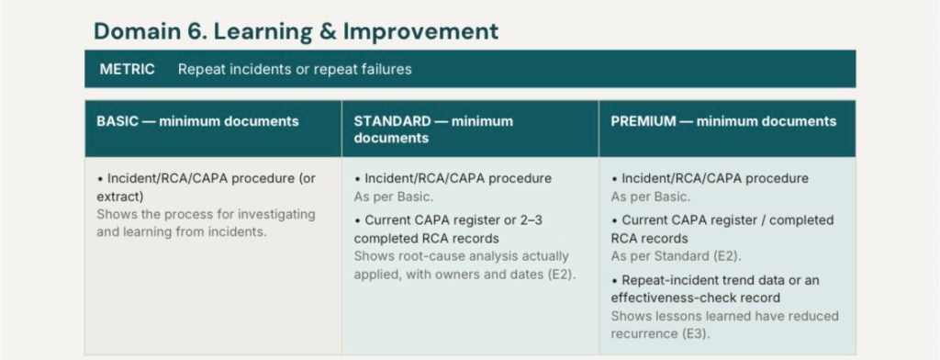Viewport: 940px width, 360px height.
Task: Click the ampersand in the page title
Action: pos(328,31)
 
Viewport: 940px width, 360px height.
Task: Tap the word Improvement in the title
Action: pos(420,32)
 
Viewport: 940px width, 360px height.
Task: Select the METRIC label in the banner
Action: pos(127,69)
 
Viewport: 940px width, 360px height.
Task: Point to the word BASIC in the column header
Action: pos(117,121)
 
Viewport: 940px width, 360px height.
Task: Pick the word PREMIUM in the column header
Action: pos(643,121)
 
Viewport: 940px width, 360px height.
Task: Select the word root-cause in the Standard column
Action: pos(424,256)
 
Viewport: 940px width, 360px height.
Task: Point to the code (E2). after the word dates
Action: pos(560,275)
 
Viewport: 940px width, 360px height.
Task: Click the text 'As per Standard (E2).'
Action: pos(677,256)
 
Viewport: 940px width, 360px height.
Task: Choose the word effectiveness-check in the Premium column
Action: pos(668,298)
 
